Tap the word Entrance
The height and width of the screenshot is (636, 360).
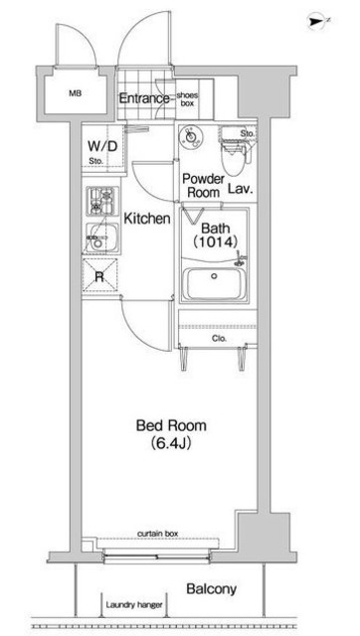point(145,98)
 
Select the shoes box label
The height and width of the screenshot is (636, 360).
point(188,97)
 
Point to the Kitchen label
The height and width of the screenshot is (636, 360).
point(147,218)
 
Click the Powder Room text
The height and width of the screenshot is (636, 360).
point(200,186)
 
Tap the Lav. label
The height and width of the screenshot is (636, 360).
point(238,187)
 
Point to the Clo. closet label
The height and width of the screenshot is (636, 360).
point(219,338)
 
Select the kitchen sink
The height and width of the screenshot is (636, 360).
point(99,237)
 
